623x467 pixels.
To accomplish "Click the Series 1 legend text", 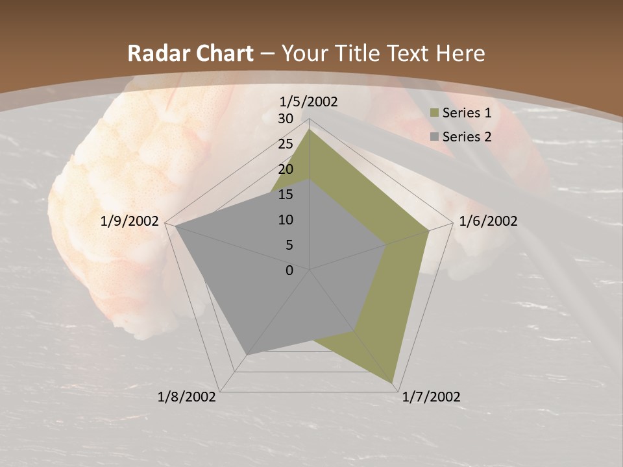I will coord(467,113).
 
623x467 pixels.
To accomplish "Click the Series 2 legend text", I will coord(467,137).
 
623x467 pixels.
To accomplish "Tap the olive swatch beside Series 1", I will coord(434,114).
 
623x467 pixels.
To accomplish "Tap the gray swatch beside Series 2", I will coord(434,137).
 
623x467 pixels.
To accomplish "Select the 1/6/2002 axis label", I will coord(488,221).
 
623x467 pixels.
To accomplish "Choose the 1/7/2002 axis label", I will coord(431,397).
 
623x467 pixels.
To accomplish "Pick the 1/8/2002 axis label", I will coord(187,397).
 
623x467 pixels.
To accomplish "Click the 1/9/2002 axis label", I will coord(130,221).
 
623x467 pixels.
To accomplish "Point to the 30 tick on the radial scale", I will coord(286,119).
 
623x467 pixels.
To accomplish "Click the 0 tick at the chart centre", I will coord(289,270).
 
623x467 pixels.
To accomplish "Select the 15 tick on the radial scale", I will coord(286,195).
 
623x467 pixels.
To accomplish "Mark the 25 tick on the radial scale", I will coord(286,144).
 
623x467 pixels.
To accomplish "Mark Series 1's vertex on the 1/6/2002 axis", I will coord(429,230).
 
